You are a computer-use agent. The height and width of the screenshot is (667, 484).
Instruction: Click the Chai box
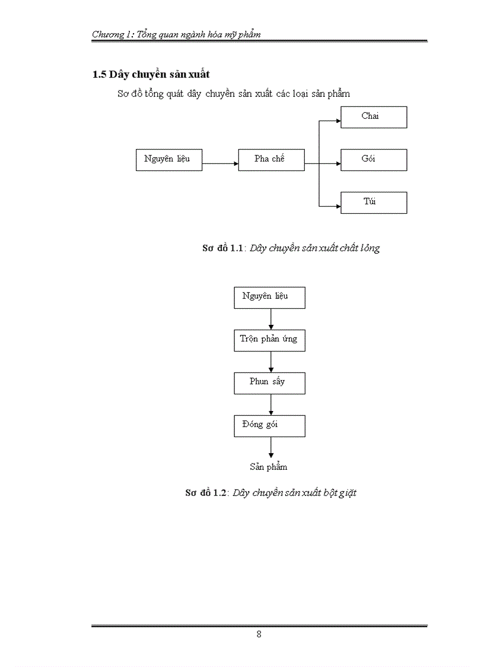374,117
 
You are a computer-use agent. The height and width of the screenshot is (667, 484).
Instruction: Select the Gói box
374,160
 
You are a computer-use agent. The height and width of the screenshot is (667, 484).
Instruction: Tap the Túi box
374,203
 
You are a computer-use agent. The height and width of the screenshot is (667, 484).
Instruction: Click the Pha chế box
271,160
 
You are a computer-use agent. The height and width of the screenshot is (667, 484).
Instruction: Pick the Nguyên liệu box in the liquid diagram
168,160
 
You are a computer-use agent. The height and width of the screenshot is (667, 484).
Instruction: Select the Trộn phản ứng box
269,340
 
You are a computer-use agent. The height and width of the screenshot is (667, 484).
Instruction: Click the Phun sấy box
269,383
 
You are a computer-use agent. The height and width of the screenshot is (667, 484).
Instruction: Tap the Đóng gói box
269,426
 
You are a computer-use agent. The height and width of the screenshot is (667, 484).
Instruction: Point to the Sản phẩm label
268,467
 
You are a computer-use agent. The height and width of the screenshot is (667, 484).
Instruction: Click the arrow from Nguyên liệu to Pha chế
220,163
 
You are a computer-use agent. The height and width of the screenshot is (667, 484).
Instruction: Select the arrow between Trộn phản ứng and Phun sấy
271,362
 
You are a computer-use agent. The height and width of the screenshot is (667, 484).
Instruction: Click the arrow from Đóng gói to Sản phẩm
271,447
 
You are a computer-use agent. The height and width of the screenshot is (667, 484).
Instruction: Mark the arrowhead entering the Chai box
338,121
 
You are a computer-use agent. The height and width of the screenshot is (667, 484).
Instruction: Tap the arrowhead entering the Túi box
338,206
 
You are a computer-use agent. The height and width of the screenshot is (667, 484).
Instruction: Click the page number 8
259,634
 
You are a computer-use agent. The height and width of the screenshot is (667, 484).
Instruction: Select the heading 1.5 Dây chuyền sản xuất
151,75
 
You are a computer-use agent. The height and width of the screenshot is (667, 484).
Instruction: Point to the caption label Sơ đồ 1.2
206,493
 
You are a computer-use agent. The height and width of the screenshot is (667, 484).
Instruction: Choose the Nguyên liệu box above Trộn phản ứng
269,298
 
